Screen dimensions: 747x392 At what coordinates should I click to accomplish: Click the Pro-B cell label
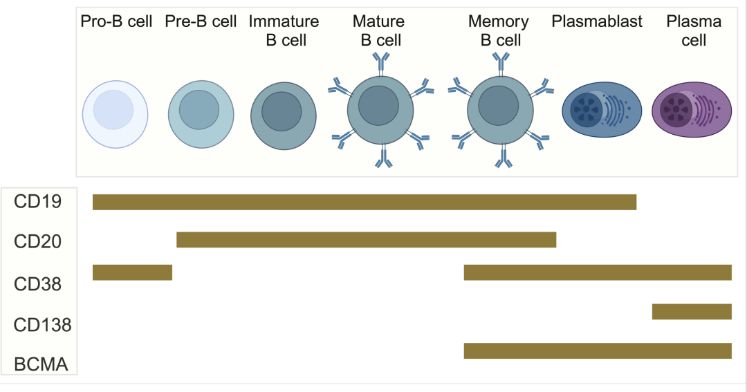pyautogui.click(x=116, y=21)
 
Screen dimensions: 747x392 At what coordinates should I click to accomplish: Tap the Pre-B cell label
pyautogui.click(x=201, y=21)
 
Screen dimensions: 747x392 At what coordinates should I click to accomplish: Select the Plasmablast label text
pyautogui.click(x=597, y=21)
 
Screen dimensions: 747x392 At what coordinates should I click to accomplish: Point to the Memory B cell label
pyautogui.click(x=499, y=31)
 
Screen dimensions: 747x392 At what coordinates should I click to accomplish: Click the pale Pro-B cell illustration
pyautogui.click(x=116, y=114)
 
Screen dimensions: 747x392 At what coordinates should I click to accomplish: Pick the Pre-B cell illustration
pyautogui.click(x=201, y=114)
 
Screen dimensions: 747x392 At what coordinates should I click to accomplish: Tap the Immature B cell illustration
pyautogui.click(x=284, y=115)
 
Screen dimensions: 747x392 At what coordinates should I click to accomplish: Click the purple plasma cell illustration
pyautogui.click(x=692, y=110)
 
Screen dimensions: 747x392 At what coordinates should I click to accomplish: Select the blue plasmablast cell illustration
pyautogui.click(x=602, y=110)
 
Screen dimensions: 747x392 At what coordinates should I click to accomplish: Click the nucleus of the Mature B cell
pyautogui.click(x=378, y=106)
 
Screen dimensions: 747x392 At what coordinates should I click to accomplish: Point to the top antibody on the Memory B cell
pyautogui.click(x=501, y=64)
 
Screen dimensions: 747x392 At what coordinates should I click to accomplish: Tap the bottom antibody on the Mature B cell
pyautogui.click(x=383, y=157)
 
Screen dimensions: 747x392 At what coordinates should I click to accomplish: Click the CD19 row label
pyautogui.click(x=37, y=201)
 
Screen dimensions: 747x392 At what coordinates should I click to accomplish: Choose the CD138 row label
pyautogui.click(x=42, y=325)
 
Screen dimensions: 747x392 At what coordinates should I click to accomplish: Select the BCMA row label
pyautogui.click(x=41, y=364)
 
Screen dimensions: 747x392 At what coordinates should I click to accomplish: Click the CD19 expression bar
pyautogui.click(x=365, y=202)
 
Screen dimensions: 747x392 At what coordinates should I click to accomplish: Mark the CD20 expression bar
pyautogui.click(x=367, y=240)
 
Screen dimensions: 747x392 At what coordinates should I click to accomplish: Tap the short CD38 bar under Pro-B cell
pyautogui.click(x=132, y=272)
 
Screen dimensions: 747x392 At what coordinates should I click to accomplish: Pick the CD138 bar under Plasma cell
pyautogui.click(x=692, y=312)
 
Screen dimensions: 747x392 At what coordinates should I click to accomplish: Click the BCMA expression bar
pyautogui.click(x=598, y=351)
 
